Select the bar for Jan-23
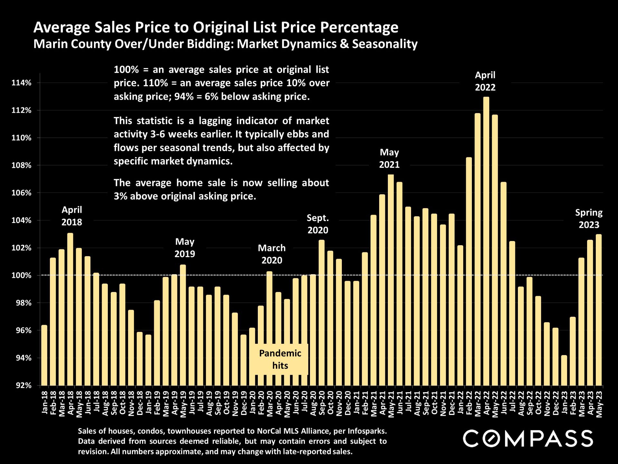click(x=564, y=370)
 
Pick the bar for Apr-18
click(x=70, y=309)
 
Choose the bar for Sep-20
click(x=322, y=313)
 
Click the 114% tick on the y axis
click(x=22, y=83)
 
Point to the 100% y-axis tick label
click(x=22, y=275)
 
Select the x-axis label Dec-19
click(x=244, y=403)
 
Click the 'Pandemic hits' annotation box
click(x=280, y=359)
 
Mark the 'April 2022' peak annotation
click(x=485, y=81)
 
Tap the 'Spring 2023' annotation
click(x=589, y=218)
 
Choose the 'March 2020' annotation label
click(x=272, y=254)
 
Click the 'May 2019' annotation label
click(x=185, y=247)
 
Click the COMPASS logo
click(x=528, y=438)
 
